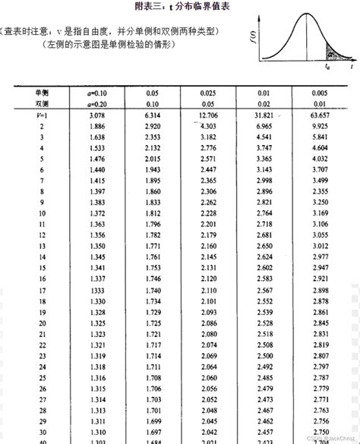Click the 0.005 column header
(320, 91)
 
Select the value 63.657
(321, 115)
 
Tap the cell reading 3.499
(321, 181)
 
